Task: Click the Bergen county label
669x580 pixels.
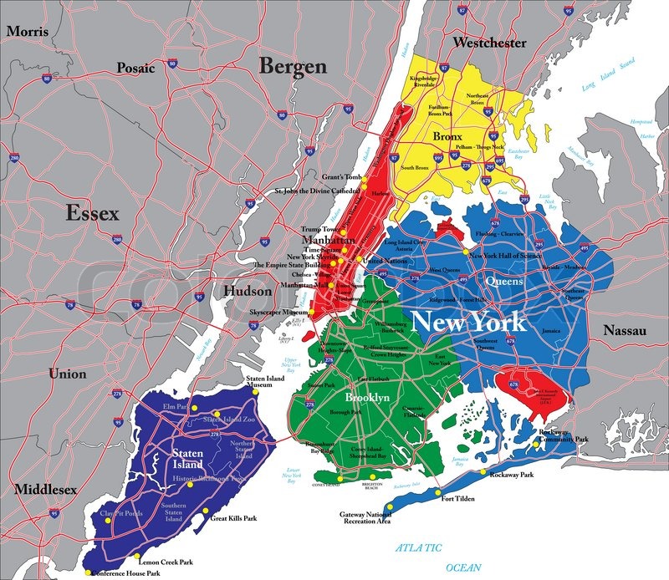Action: (x=291, y=67)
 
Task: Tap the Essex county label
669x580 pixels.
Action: (x=93, y=214)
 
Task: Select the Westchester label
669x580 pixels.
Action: (x=489, y=42)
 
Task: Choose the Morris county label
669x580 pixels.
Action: (x=28, y=31)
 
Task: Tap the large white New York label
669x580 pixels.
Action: (x=470, y=321)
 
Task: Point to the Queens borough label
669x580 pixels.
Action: (x=504, y=282)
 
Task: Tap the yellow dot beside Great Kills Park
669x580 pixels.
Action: (x=205, y=511)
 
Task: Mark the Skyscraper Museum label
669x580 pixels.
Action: (x=278, y=311)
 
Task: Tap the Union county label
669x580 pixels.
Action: (x=66, y=374)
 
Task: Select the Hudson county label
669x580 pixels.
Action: (x=247, y=292)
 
